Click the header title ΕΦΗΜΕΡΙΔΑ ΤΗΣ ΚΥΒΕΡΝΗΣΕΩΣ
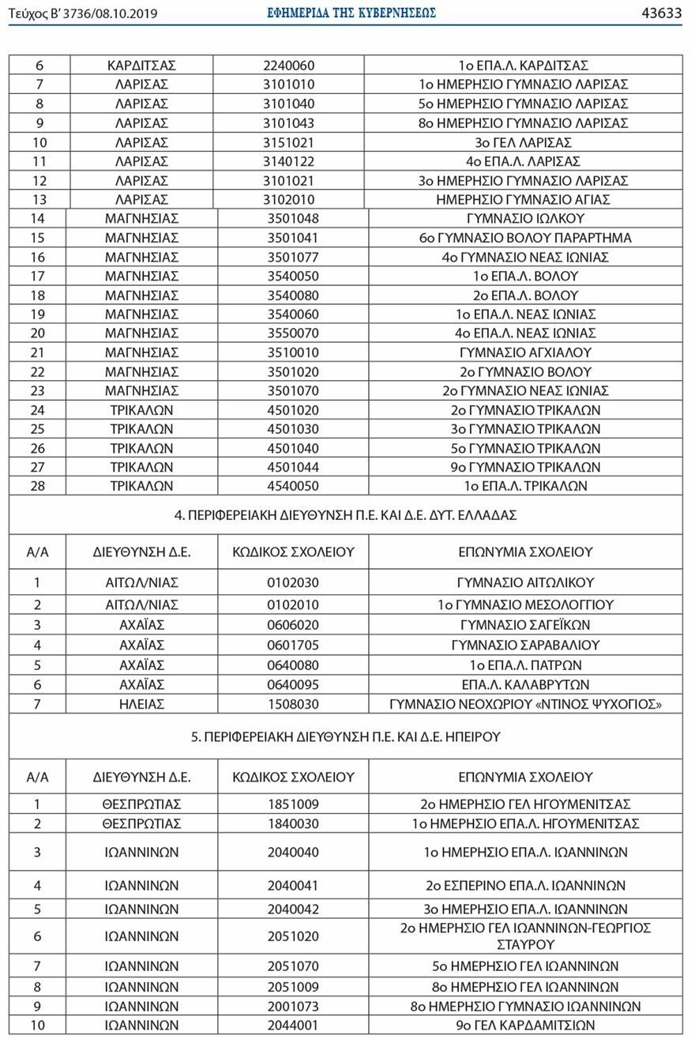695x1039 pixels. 351,13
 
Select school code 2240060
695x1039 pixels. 289,66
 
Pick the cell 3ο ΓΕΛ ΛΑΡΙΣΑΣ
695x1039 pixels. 524,142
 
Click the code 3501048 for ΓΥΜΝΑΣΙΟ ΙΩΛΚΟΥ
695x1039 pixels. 293,219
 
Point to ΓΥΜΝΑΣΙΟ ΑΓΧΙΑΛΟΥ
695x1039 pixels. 525,352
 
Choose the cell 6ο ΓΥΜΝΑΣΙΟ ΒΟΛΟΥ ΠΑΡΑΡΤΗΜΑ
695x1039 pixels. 525,238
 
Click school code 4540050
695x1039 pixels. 293,486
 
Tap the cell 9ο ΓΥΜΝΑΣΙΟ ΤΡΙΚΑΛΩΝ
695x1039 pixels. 525,467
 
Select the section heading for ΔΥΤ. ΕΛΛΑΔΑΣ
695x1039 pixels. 345,514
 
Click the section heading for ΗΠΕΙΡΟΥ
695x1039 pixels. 345,736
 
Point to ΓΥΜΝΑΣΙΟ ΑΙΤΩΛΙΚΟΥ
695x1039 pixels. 525,583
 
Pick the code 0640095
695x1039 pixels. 293,684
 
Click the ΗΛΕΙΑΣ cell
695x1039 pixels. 141,704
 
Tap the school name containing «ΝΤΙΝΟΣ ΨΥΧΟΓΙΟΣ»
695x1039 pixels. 525,704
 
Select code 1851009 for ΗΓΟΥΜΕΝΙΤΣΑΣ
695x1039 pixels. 293,804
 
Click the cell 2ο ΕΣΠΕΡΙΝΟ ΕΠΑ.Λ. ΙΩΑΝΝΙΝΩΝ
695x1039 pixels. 525,885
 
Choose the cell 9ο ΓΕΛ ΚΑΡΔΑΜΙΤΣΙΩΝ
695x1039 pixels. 525,1026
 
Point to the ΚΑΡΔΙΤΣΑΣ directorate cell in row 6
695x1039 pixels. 141,66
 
